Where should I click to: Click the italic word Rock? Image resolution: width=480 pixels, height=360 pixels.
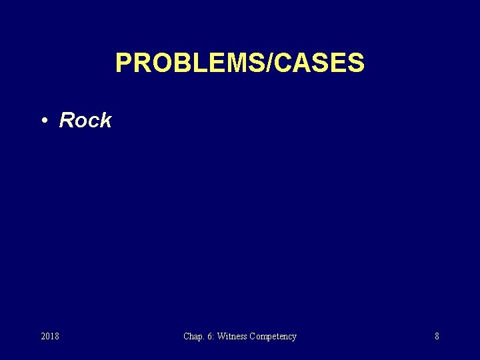(85, 121)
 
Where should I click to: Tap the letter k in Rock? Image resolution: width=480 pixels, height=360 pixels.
(105, 121)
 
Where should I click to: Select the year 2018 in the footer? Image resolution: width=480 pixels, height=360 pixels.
(50, 337)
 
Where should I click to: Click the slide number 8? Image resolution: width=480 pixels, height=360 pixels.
(437, 337)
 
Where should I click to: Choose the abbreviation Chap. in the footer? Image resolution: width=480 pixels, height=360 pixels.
(195, 337)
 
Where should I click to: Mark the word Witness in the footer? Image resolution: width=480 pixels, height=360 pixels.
(233, 337)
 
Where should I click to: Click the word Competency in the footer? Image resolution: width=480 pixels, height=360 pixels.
(273, 337)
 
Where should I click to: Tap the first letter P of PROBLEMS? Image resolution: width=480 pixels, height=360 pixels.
(123, 63)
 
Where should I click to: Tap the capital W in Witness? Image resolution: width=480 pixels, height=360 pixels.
(222, 337)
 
